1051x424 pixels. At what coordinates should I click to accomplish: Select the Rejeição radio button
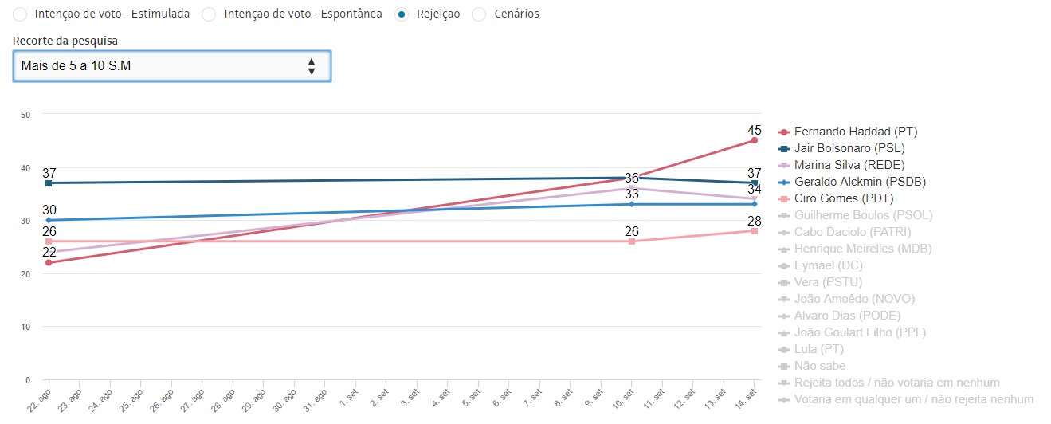point(402,14)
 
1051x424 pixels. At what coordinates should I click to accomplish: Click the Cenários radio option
point(479,14)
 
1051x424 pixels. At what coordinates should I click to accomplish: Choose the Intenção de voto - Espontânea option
point(209,14)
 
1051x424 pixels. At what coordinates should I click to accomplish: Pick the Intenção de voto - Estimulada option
point(20,14)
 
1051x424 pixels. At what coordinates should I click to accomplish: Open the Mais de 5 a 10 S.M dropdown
point(171,66)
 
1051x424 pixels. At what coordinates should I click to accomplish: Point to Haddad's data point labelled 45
point(754,140)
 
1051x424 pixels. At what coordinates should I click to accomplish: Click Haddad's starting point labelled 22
point(49,262)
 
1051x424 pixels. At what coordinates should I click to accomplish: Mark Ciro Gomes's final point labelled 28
point(754,231)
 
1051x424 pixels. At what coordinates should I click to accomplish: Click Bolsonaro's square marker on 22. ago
point(49,183)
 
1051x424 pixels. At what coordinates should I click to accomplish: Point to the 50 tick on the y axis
point(25,115)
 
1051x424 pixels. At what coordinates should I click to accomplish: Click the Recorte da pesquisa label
point(65,40)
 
